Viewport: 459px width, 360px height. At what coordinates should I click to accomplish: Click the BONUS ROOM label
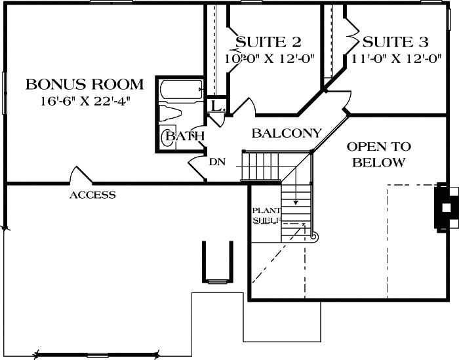pyautogui.click(x=84, y=84)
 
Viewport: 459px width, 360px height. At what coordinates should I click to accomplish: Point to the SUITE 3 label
pyautogui.click(x=395, y=43)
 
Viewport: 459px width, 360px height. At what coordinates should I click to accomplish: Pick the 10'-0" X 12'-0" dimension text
pyautogui.click(x=269, y=58)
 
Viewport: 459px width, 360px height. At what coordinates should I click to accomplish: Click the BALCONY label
pyautogui.click(x=287, y=133)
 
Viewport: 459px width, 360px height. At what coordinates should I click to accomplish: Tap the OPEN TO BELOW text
pyautogui.click(x=378, y=154)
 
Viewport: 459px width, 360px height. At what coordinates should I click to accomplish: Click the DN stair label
pyautogui.click(x=217, y=161)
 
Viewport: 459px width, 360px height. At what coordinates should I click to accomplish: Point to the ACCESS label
pyautogui.click(x=92, y=195)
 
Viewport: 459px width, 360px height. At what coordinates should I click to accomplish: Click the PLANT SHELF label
pyautogui.click(x=267, y=216)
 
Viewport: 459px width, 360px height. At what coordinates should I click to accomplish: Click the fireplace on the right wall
pyautogui.click(x=445, y=207)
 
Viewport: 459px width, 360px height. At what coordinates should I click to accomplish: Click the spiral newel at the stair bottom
pyautogui.click(x=313, y=235)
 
